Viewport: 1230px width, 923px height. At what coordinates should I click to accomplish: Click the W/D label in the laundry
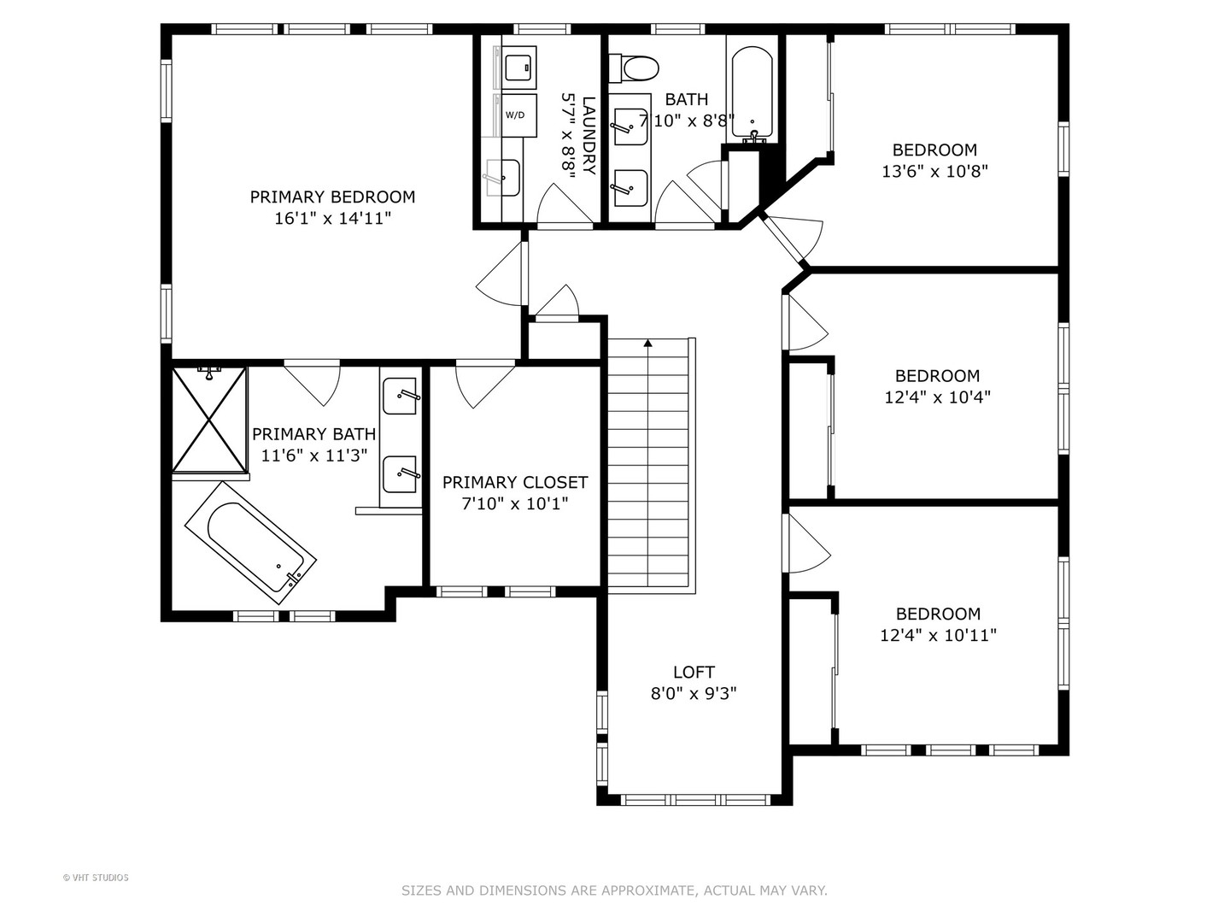515,115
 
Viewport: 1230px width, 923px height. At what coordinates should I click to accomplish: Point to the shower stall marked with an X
209,419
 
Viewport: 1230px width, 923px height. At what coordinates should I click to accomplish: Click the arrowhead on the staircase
648,343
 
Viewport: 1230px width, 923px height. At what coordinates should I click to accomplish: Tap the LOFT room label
694,672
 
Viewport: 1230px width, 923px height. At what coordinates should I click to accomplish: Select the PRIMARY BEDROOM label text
332,197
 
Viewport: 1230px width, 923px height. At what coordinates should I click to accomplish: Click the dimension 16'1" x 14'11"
332,219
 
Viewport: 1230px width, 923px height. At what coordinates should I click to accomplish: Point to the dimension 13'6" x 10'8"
934,172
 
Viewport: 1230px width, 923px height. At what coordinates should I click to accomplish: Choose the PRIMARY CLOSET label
515,483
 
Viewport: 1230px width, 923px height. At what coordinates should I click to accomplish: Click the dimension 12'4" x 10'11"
938,636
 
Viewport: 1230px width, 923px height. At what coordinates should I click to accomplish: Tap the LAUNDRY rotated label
589,136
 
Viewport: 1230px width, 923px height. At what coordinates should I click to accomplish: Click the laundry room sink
502,178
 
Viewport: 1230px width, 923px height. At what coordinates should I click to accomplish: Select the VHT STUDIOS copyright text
96,878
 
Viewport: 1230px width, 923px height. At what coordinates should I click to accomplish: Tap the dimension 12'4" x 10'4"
938,397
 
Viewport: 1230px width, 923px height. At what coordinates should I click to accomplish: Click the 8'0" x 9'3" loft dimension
694,694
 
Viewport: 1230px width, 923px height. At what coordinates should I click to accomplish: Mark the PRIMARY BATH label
313,434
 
